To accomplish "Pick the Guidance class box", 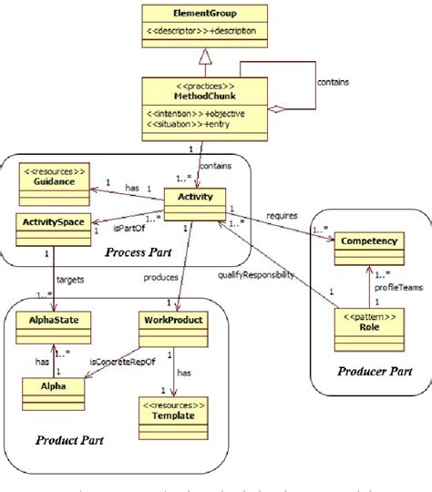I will (56, 188).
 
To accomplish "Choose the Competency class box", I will (371, 244).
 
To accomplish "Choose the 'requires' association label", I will (282, 217).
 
